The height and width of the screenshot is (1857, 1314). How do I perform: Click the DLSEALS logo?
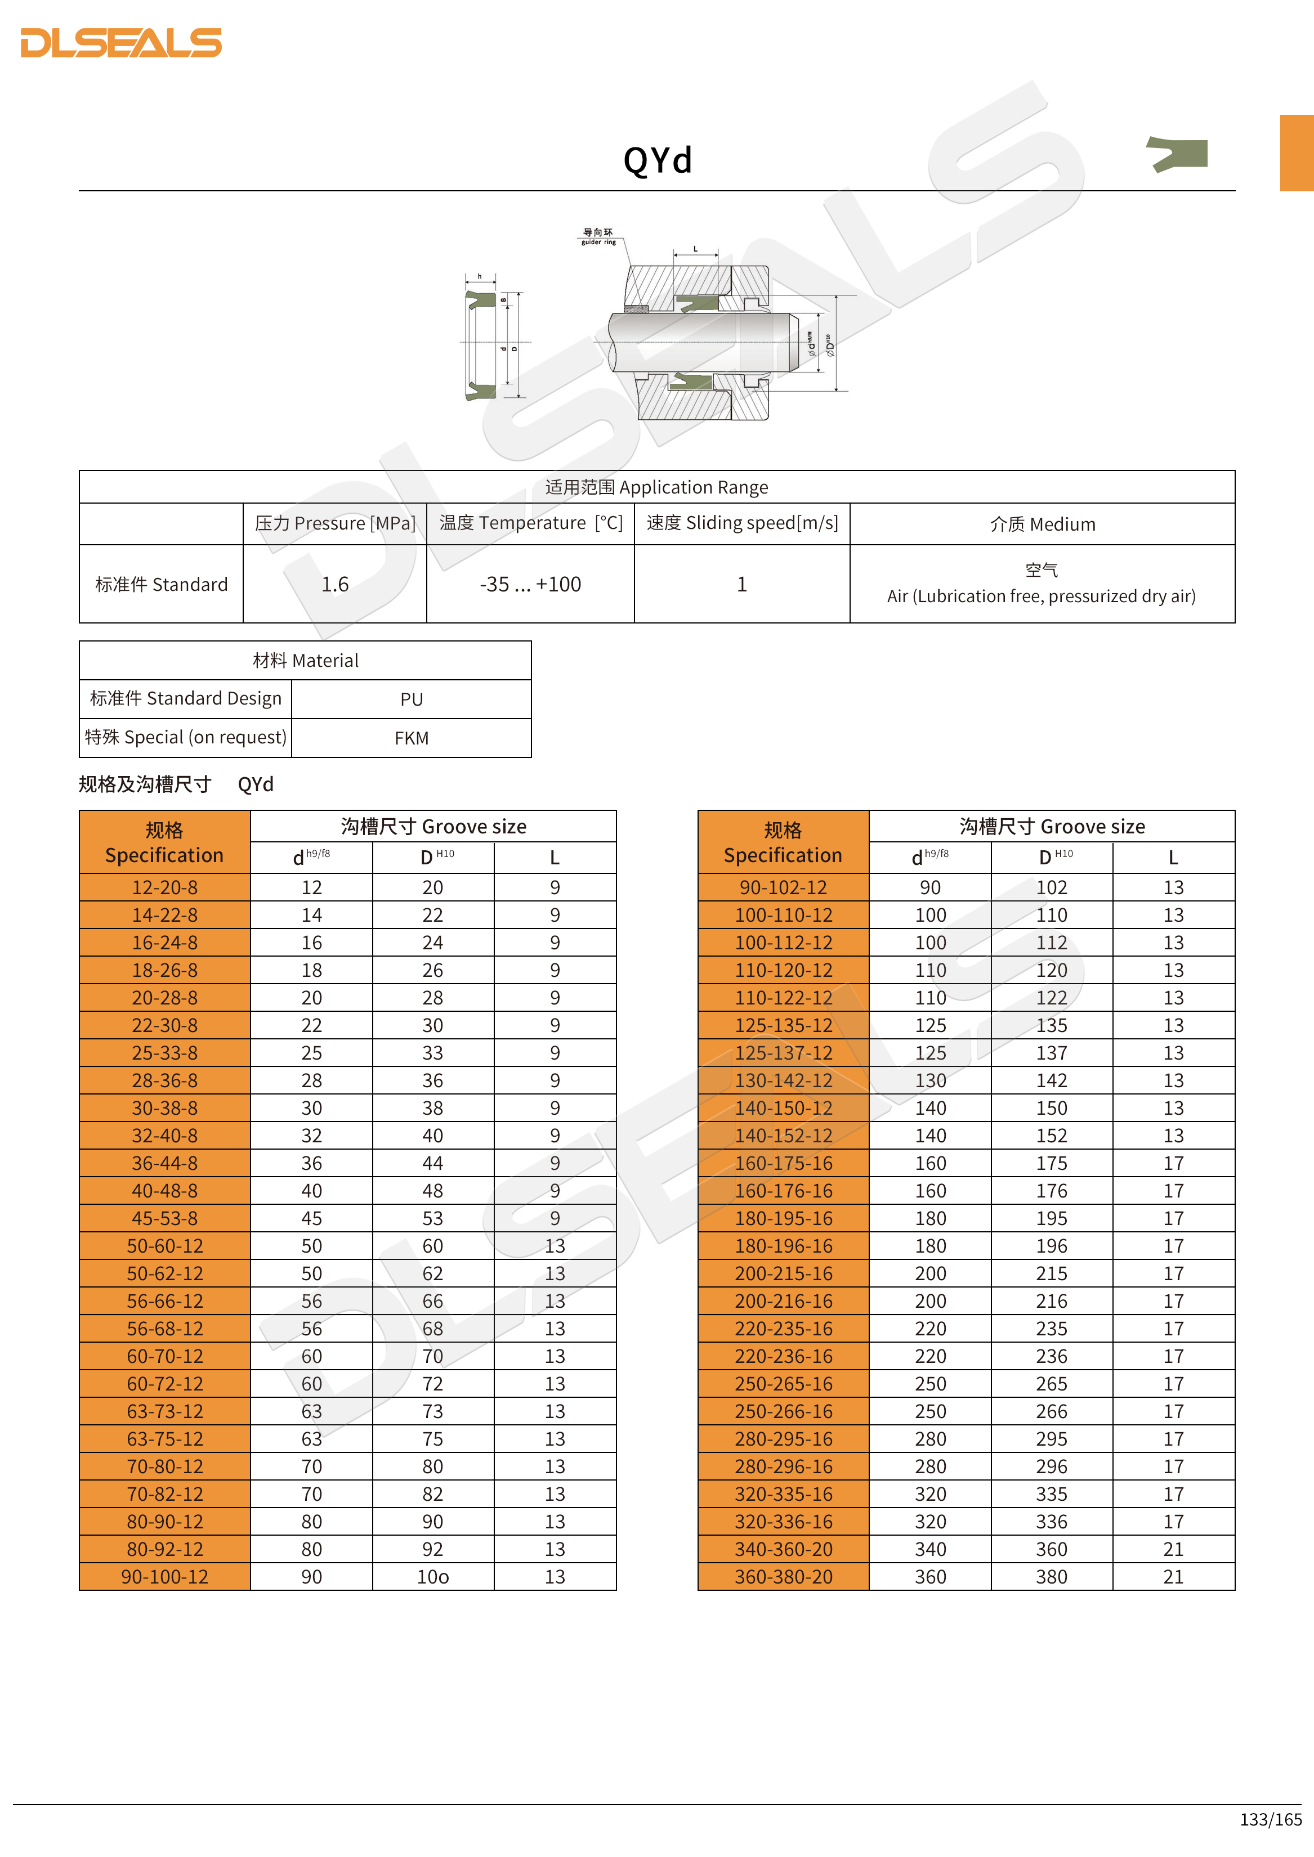click(122, 43)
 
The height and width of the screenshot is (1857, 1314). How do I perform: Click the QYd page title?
click(657, 160)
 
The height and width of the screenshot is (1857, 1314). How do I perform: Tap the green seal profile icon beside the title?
click(1177, 154)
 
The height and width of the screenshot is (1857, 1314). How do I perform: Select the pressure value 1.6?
click(334, 584)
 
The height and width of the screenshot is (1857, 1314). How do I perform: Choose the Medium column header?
click(1042, 524)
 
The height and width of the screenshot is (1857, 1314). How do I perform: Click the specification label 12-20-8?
click(164, 887)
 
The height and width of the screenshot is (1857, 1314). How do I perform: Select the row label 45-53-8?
click(164, 1218)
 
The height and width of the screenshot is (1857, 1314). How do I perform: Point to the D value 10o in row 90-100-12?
click(433, 1576)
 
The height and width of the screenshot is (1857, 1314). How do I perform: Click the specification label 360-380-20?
click(783, 1576)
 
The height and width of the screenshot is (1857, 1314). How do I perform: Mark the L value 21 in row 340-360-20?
click(1173, 1549)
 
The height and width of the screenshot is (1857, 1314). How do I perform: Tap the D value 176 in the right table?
click(1051, 1191)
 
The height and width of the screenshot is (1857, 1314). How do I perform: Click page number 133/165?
click(1270, 1819)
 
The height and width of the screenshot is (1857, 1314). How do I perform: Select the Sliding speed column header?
click(742, 523)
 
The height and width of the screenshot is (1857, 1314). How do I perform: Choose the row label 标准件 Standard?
click(161, 584)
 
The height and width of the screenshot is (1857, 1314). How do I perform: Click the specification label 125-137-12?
click(783, 1053)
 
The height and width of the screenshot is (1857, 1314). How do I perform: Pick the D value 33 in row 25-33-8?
click(433, 1053)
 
